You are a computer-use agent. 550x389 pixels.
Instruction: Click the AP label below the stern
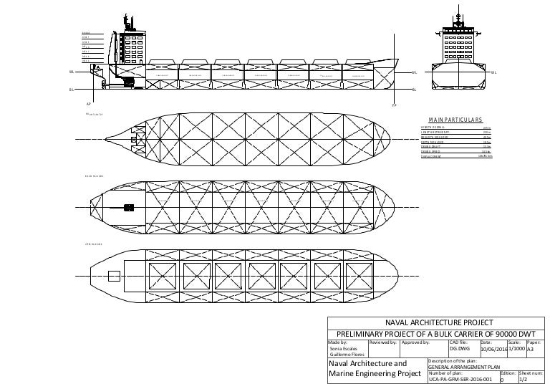click(88, 102)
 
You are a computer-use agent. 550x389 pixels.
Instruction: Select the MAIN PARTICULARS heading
click(456, 120)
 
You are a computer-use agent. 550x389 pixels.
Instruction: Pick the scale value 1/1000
click(516, 349)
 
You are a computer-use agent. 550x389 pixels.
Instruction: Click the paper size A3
click(531, 350)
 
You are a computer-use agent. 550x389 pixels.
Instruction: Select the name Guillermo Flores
click(347, 355)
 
